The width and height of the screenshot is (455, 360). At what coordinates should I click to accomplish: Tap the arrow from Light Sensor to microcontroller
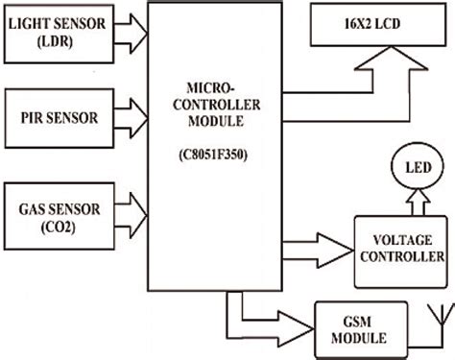pos(129,35)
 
